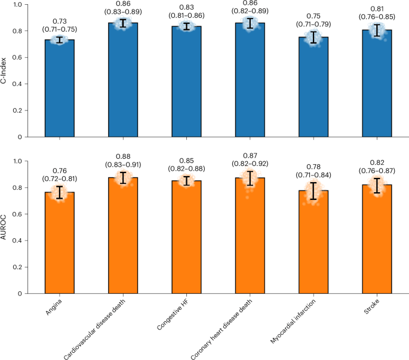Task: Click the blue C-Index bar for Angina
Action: [60, 90]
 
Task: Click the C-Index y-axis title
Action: [5, 70]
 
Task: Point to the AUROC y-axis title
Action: [5, 227]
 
